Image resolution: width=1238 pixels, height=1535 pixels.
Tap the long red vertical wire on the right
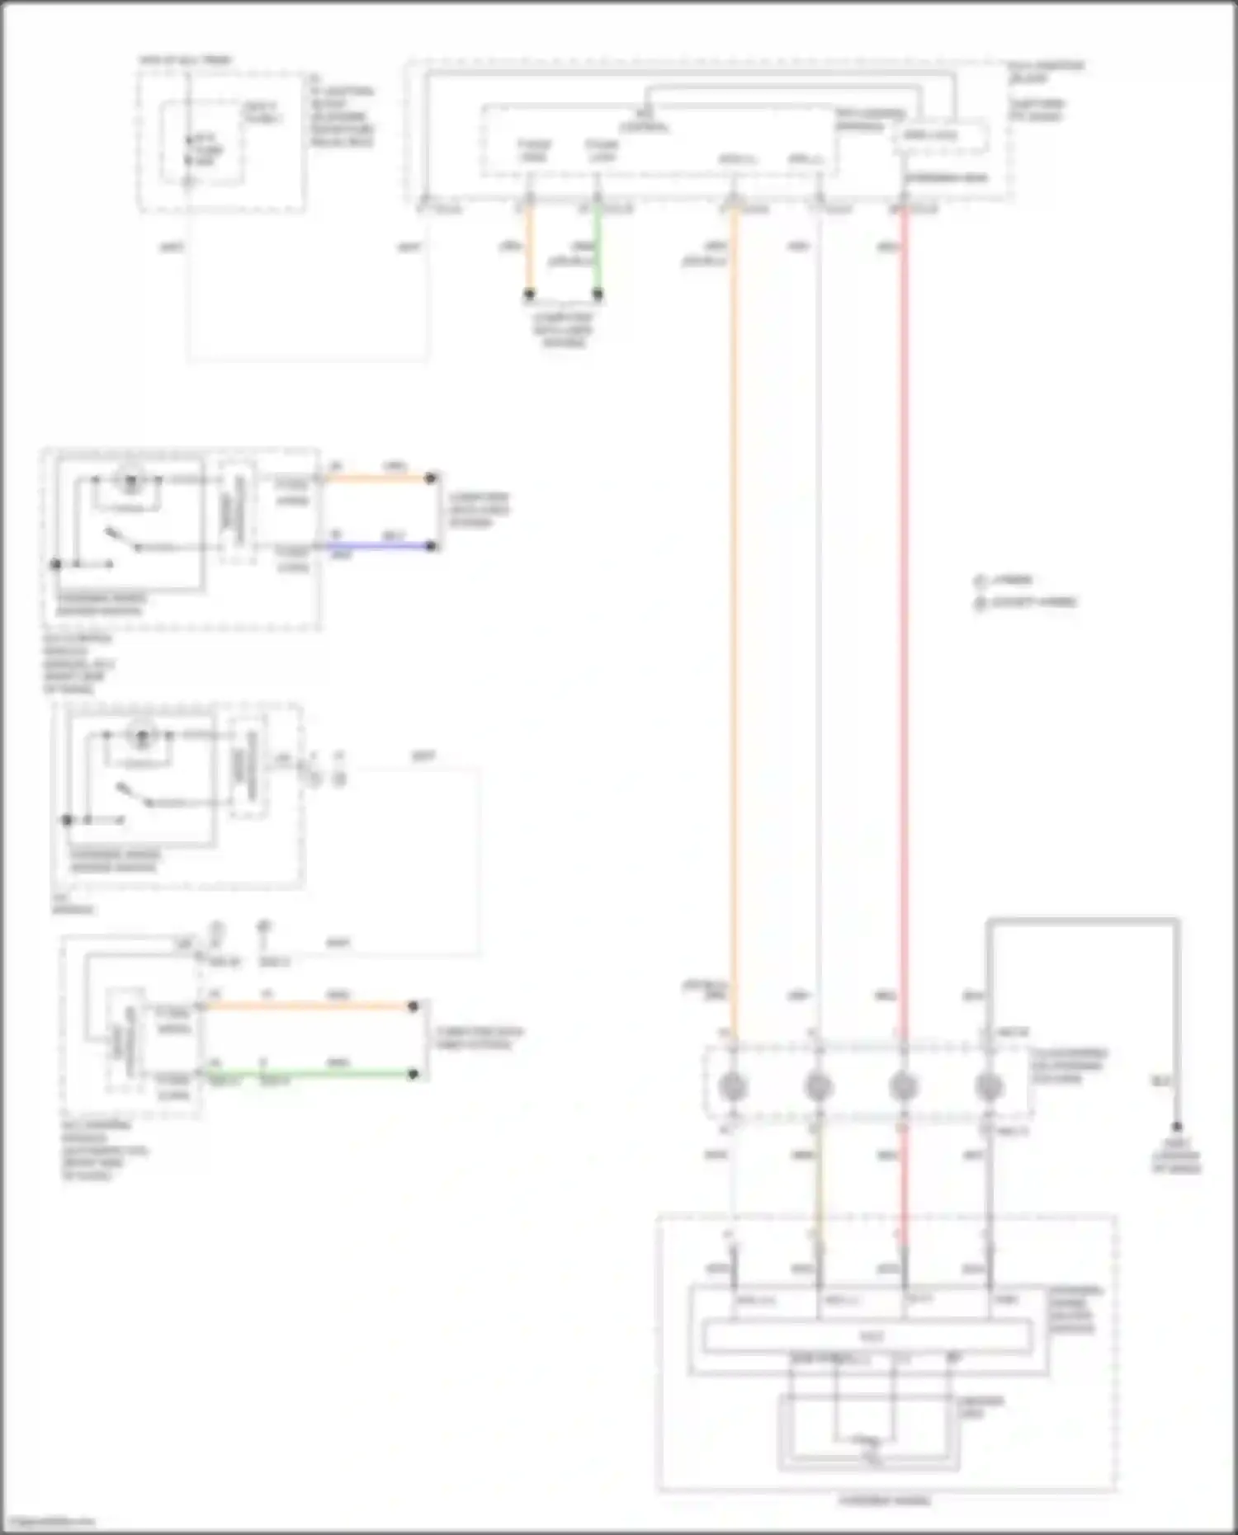pyautogui.click(x=904, y=619)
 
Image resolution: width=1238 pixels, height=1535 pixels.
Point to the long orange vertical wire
pyautogui.click(x=733, y=619)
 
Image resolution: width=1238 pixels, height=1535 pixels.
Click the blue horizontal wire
pyautogui.click(x=380, y=546)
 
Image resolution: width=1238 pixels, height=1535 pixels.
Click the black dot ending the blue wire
pyautogui.click(x=431, y=546)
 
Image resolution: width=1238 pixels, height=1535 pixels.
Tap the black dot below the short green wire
pyautogui.click(x=598, y=294)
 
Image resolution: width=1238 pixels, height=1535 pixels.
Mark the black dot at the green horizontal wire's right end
pyautogui.click(x=413, y=1074)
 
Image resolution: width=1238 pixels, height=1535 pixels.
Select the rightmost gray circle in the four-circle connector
pyautogui.click(x=989, y=1086)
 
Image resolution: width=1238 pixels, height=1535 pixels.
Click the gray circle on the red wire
pyautogui.click(x=904, y=1086)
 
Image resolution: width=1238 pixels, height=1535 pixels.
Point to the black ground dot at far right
pyautogui.click(x=1177, y=1127)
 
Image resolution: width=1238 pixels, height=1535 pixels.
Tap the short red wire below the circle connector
pyautogui.click(x=904, y=1180)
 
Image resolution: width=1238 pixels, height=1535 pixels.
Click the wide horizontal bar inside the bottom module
pyautogui.click(x=867, y=1335)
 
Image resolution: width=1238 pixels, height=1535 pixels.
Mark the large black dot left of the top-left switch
pyautogui.click(x=55, y=564)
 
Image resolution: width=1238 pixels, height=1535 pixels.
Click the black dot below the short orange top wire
pyautogui.click(x=530, y=294)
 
